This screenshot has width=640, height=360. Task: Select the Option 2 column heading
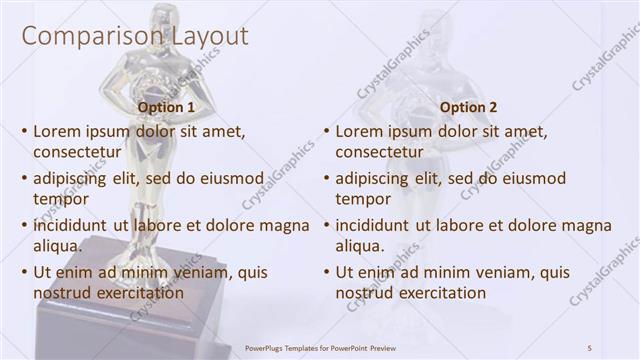(x=468, y=107)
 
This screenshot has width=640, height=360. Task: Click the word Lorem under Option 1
(x=58, y=131)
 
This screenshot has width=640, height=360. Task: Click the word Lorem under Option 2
(x=360, y=131)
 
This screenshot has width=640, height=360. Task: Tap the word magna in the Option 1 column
(x=287, y=226)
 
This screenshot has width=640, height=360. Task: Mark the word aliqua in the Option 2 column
(x=360, y=246)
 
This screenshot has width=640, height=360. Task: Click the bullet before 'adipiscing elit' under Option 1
(x=25, y=179)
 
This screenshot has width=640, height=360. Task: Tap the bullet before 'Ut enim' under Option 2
(x=327, y=272)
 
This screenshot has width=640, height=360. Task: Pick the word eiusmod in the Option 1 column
(x=231, y=179)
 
